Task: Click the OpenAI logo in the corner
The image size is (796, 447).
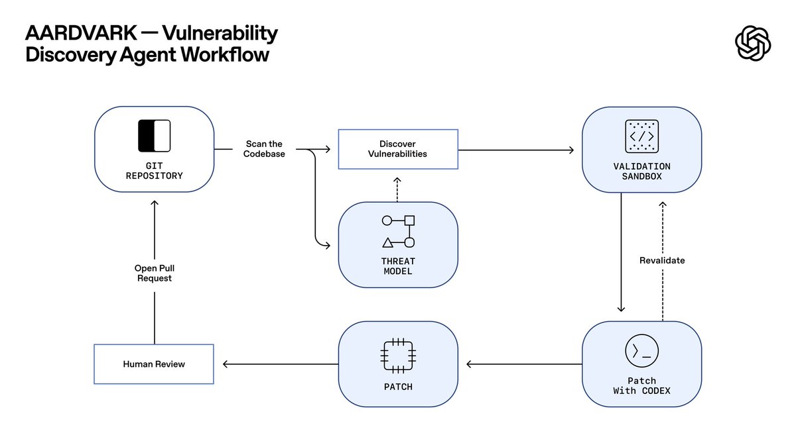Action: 753,43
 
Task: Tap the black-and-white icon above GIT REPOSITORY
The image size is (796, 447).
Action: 154,136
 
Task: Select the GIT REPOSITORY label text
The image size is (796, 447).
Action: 154,171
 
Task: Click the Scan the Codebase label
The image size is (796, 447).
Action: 265,148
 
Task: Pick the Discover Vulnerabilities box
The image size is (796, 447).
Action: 398,149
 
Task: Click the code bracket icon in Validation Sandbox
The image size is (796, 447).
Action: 641,136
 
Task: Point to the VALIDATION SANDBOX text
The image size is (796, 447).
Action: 641,171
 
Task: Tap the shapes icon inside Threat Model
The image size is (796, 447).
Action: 398,231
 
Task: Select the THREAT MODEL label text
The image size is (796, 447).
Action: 398,266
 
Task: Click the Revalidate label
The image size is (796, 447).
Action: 662,260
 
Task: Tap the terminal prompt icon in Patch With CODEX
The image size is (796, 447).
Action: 641,351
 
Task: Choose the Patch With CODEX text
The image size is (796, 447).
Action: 641,385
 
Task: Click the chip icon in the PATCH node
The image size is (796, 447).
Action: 398,354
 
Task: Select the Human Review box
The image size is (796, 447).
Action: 154,364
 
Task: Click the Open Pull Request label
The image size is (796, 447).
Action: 154,273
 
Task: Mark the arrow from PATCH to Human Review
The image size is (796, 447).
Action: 279,364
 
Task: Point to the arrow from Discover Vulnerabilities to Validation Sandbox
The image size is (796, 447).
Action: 515,150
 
